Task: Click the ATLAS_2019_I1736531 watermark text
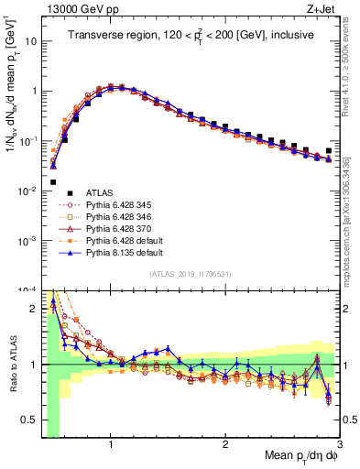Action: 190,274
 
